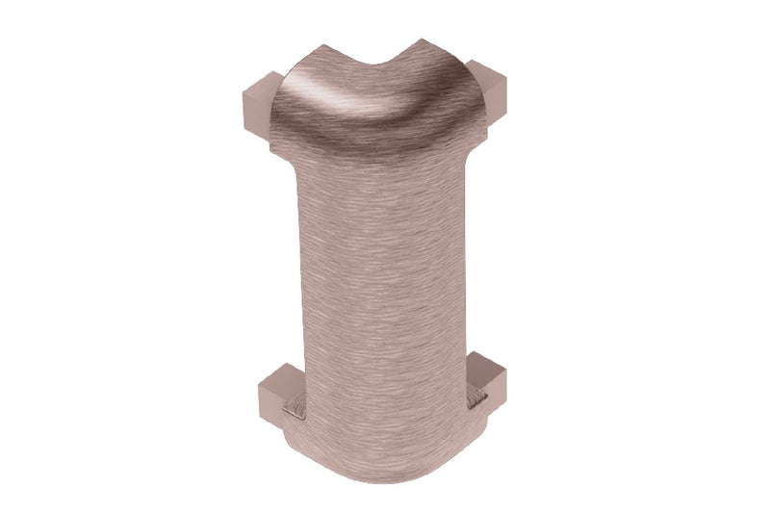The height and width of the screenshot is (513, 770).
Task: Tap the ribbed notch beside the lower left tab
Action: click(x=296, y=415)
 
